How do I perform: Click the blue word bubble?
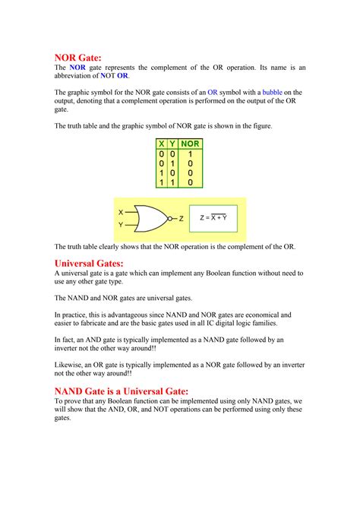[x=272, y=93]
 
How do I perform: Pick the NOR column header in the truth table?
[x=190, y=143]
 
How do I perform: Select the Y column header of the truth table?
[x=173, y=143]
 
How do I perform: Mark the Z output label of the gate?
[x=182, y=219]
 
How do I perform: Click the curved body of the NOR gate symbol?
[x=150, y=219]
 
